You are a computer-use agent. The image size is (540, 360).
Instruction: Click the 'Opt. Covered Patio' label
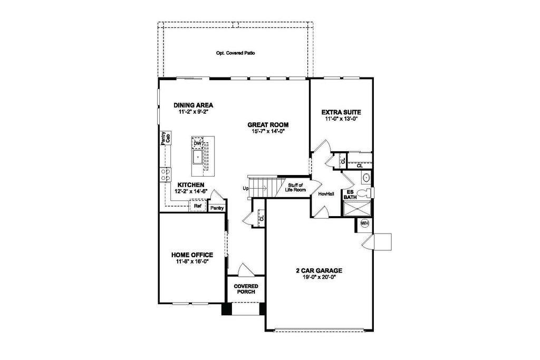tap(236, 53)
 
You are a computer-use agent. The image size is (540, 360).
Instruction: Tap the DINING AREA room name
tap(194, 105)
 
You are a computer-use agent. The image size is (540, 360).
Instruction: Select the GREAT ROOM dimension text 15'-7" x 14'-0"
tap(268, 132)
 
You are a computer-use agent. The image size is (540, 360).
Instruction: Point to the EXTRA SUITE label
tap(341, 112)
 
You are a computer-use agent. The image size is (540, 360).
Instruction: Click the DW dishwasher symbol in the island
tap(198, 143)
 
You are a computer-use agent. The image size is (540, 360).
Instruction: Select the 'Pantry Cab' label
tap(166, 138)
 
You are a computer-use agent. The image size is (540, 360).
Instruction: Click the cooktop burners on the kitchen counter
tap(165, 174)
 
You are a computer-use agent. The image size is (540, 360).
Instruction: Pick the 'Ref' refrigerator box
tap(198, 206)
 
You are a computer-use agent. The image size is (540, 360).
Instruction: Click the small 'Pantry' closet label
tap(217, 208)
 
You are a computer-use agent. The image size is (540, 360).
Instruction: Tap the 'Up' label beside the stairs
tap(245, 188)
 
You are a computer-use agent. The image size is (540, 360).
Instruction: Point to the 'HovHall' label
tap(326, 194)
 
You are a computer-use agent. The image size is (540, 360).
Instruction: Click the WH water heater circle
tap(364, 223)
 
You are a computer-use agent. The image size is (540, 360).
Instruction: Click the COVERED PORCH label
tap(246, 289)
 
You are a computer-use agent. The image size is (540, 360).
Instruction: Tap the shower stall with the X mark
tap(356, 210)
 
